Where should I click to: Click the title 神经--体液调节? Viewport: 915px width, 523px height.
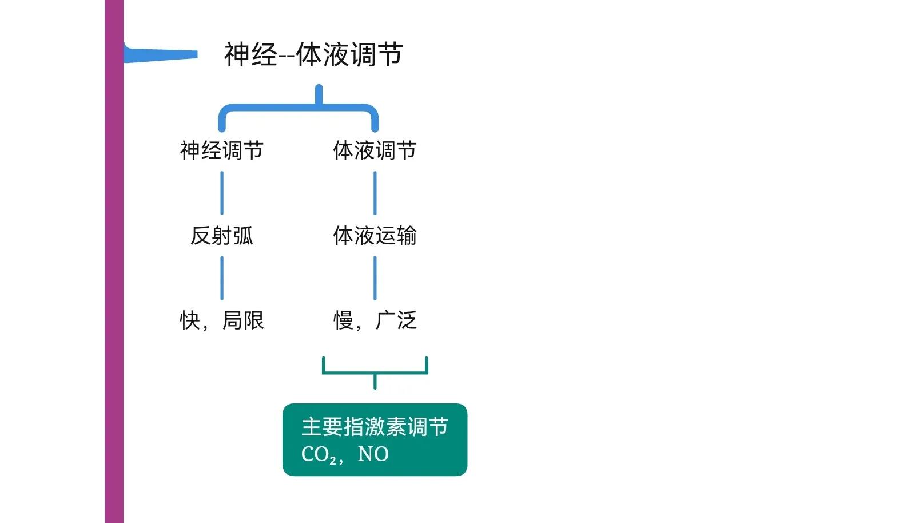pyautogui.click(x=314, y=54)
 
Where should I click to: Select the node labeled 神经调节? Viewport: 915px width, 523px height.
pyautogui.click(x=222, y=150)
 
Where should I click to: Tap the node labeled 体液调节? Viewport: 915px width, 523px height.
pyautogui.click(x=375, y=150)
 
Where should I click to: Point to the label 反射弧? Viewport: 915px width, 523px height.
pyautogui.click(x=222, y=236)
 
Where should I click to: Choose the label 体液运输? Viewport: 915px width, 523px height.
pyautogui.click(x=375, y=236)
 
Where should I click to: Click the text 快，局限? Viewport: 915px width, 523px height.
pyautogui.click(x=222, y=320)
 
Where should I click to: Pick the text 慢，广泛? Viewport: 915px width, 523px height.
pyautogui.click(x=375, y=320)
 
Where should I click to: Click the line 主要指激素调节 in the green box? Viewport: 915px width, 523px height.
pyautogui.click(x=375, y=427)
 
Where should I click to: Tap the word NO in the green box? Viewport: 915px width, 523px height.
pyautogui.click(x=373, y=454)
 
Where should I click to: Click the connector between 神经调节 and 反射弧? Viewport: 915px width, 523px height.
pyautogui.click(x=222, y=193)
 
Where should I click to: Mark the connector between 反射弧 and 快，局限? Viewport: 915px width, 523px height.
pyautogui.click(x=222, y=278)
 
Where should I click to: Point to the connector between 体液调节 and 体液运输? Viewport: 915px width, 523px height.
pyautogui.click(x=375, y=193)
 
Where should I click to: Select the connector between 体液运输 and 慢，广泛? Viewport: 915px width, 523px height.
pyautogui.click(x=375, y=278)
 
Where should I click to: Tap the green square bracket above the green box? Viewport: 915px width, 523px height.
pyautogui.click(x=375, y=373)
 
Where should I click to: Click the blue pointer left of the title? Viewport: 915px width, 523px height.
pyautogui.click(x=161, y=54)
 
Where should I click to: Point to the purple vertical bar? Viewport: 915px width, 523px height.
pyautogui.click(x=114, y=261)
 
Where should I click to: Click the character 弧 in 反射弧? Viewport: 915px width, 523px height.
pyautogui.click(x=243, y=236)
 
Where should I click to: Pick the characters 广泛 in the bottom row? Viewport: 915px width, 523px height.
pyautogui.click(x=396, y=320)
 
